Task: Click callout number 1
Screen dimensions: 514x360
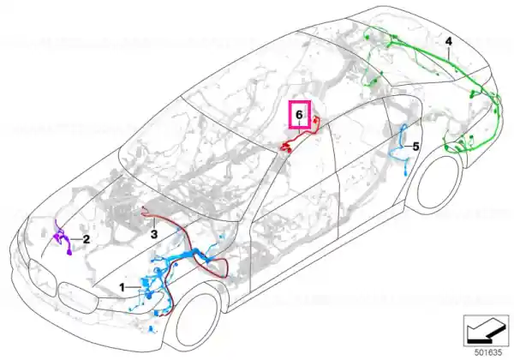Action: tap(122, 288)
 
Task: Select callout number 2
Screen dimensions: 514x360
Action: tap(87, 239)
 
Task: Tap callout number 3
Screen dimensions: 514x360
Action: tap(154, 234)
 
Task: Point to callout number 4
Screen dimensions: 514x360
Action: tap(448, 42)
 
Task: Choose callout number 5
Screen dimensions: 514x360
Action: tap(415, 147)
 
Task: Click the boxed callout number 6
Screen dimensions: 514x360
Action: tap(299, 115)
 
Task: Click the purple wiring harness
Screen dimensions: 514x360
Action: tap(63, 237)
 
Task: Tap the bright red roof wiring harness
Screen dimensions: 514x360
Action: tap(302, 134)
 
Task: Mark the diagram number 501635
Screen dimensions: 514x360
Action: tap(488, 352)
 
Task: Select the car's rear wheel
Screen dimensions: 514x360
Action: tap(438, 182)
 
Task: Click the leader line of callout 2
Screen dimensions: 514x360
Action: tap(75, 240)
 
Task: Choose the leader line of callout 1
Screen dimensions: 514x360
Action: tap(134, 287)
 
